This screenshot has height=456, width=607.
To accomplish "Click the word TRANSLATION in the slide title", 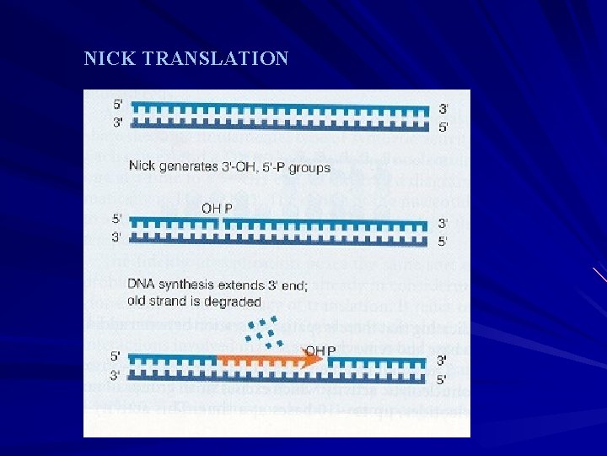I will tap(217, 59).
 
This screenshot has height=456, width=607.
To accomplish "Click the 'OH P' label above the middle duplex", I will tap(218, 208).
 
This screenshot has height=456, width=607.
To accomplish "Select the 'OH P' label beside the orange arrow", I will tap(320, 350).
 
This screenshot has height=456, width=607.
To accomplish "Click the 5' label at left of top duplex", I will tap(119, 106).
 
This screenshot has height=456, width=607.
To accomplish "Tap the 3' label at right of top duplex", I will tap(443, 109).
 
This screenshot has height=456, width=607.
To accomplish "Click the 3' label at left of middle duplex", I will tap(117, 238).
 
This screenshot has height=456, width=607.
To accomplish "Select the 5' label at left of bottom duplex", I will tap(117, 356).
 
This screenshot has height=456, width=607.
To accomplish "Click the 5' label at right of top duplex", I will tap(443, 128).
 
